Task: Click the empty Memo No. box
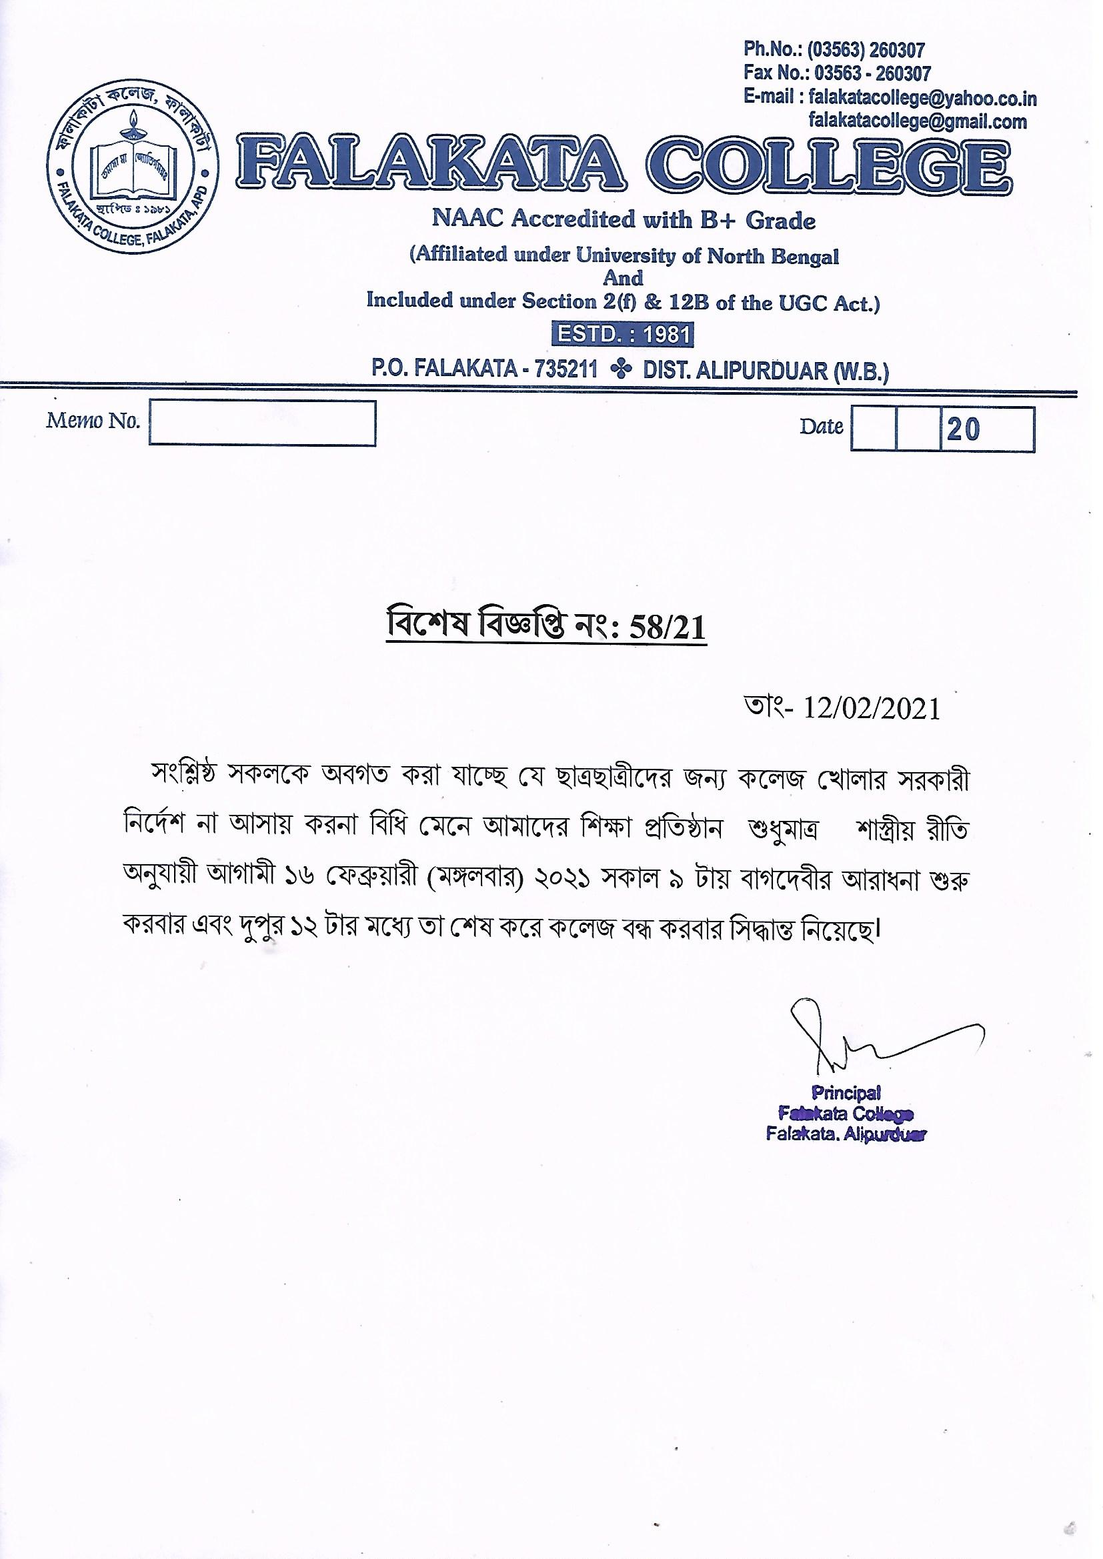(262, 423)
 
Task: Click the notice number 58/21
(668, 628)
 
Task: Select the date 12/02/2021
(872, 709)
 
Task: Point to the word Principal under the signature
(846, 1092)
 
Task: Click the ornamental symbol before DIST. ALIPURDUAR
(620, 370)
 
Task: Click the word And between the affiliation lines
(623, 277)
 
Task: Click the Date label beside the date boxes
(821, 426)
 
